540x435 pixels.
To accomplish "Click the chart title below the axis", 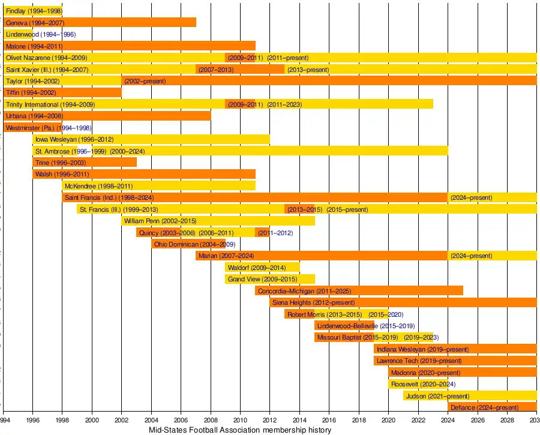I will (239, 430).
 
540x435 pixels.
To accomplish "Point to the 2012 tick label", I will (269, 420).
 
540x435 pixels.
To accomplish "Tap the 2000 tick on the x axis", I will (92, 420).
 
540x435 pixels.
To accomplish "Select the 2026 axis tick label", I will (477, 420).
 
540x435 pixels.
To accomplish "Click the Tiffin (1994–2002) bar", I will (62, 92).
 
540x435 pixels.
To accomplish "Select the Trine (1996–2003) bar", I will (85, 163).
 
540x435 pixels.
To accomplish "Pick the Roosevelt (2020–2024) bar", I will (418, 384).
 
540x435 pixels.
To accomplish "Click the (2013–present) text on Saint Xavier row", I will (308, 70).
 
